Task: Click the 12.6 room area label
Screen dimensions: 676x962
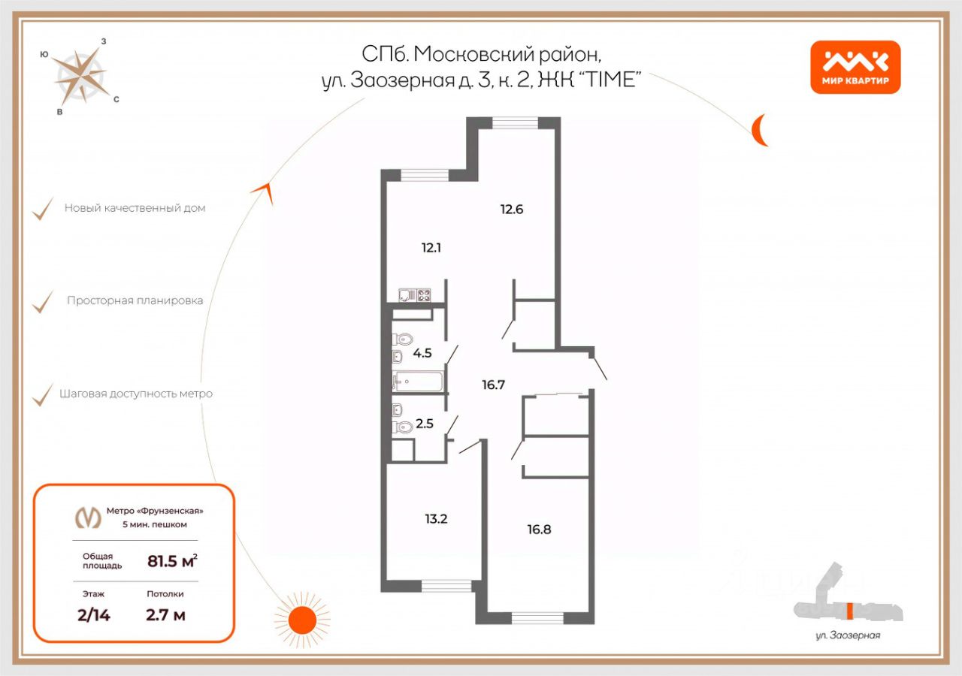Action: tap(511, 210)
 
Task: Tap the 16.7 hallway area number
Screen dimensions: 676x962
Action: tap(493, 385)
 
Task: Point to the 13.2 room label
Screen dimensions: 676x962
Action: tap(435, 518)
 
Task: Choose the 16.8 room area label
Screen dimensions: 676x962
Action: tap(539, 529)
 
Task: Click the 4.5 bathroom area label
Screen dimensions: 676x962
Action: tap(422, 352)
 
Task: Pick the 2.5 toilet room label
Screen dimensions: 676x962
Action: tap(425, 423)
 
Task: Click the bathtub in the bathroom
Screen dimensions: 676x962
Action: tap(418, 382)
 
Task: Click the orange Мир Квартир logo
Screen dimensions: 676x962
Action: tap(855, 67)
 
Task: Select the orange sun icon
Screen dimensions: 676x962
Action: tap(303, 619)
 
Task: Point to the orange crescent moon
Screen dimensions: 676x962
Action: tap(761, 130)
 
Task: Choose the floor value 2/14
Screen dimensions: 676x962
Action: tap(94, 615)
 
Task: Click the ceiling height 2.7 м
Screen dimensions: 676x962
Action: tap(165, 615)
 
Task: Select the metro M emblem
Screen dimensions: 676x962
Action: tap(88, 517)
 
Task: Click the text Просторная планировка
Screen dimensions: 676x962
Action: tap(135, 300)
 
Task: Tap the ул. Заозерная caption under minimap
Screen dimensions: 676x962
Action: tap(848, 635)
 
